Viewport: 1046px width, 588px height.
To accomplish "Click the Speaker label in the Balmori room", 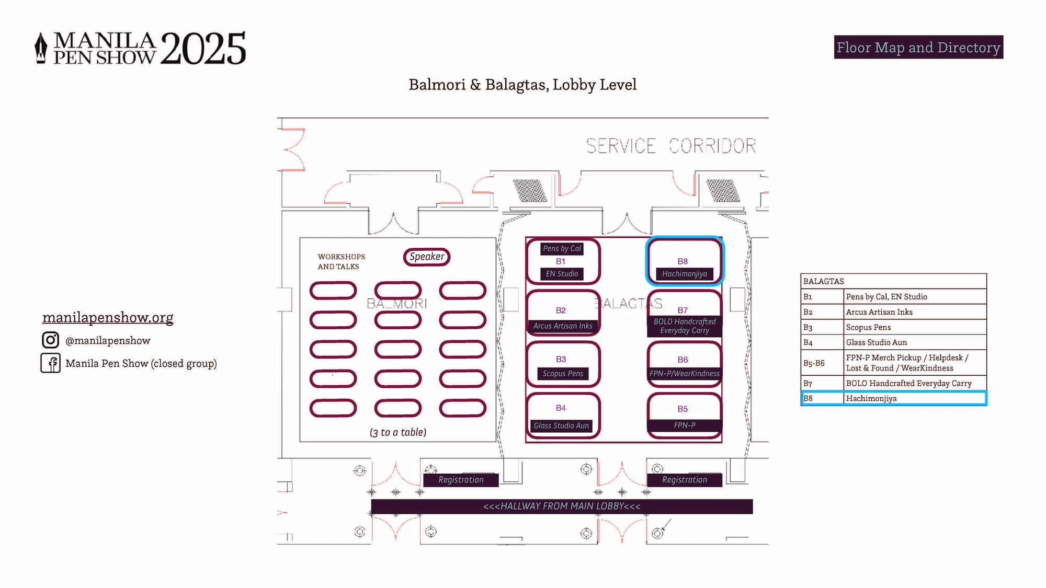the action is pos(427,257).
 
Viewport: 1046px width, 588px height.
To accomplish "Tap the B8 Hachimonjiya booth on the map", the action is pos(685,261).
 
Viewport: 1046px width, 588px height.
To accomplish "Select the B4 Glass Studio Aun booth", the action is pos(563,416).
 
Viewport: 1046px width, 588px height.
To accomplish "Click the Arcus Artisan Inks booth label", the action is pos(563,326).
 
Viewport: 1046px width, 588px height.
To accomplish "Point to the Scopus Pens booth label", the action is pos(563,374).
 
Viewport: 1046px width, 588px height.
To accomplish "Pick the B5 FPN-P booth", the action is pos(685,416).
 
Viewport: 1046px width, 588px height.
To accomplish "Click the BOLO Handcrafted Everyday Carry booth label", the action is pos(685,326).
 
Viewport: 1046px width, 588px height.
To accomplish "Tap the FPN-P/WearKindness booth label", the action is pos(685,374).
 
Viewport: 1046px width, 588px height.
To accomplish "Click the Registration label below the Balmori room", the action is pos(461,480).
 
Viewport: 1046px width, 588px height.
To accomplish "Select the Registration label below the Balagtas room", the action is pos(685,480).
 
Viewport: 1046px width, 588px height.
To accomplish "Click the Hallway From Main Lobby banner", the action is pos(562,506).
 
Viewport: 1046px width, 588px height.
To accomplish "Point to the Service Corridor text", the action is pos(671,146).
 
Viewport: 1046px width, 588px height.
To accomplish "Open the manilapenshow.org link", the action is pos(108,317).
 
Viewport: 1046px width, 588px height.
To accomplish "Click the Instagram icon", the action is pos(50,340).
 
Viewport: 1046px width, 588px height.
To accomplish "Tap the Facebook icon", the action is pos(51,363).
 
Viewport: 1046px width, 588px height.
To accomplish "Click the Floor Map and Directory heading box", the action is pos(918,47).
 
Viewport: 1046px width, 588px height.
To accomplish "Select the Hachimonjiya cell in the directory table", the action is pos(915,398).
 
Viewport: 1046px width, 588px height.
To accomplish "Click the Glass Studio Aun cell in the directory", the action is pos(915,342).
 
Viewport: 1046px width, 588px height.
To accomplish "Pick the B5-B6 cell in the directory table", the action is pos(822,363).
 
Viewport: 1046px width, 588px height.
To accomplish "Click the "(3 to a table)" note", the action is pos(398,432).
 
